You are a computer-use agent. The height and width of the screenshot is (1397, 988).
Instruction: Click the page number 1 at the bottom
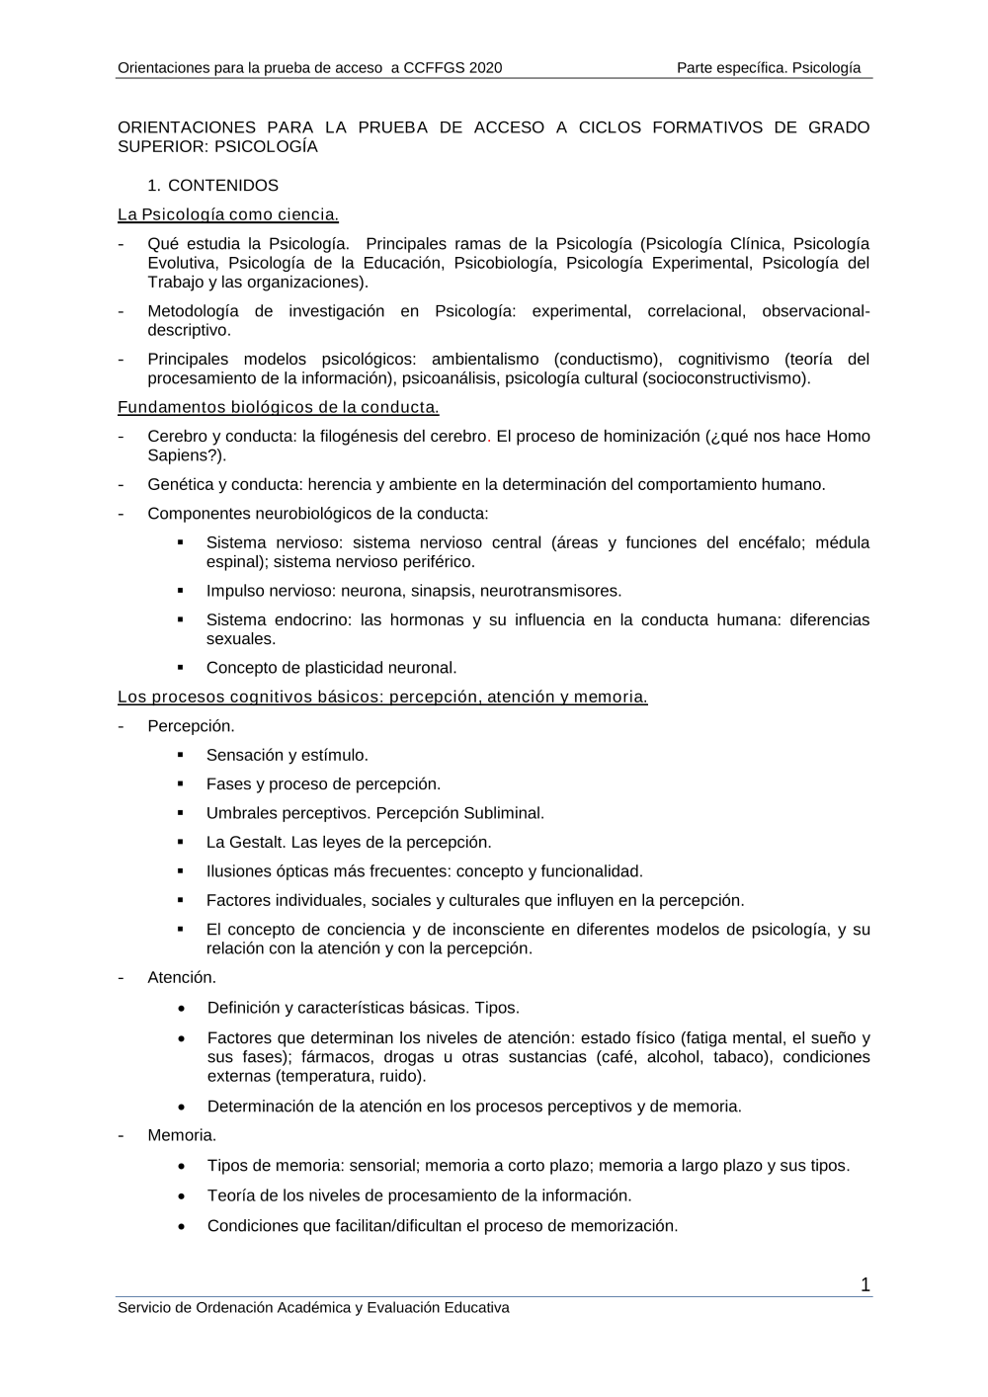pos(865,1284)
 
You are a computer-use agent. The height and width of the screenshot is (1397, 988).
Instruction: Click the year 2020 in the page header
pos(486,68)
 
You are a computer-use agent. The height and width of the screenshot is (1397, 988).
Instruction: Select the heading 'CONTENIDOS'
pos(223,186)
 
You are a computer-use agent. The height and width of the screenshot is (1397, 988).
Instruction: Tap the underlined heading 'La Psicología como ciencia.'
pos(228,214)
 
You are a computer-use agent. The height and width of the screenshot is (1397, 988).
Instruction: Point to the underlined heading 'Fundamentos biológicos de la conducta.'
pos(279,407)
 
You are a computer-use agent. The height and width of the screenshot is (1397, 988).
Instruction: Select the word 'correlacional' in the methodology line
pos(696,311)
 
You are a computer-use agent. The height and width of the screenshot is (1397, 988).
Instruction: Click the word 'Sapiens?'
pos(185,455)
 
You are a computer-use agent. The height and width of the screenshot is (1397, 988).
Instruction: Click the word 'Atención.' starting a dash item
pos(182,977)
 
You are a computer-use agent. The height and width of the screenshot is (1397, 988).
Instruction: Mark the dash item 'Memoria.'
pos(182,1135)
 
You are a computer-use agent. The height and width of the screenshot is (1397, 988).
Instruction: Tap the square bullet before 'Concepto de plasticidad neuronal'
pos(182,668)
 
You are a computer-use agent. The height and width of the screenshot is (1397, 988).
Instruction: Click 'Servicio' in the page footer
pos(143,1308)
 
